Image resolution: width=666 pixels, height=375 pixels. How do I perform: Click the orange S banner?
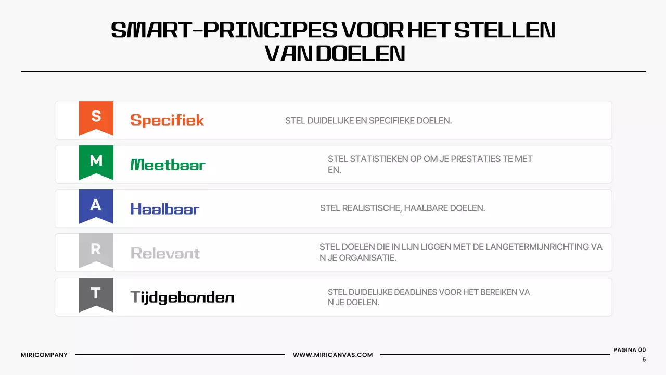coord(96,117)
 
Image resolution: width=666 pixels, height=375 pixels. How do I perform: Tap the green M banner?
coord(96,161)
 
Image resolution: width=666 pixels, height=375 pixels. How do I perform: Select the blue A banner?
coord(96,205)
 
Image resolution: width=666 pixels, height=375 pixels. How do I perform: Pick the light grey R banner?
coord(96,249)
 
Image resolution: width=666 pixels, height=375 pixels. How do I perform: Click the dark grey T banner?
coord(96,294)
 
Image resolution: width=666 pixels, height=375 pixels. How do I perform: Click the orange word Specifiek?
coord(167,120)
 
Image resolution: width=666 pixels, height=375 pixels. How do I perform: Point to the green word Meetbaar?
coord(168,165)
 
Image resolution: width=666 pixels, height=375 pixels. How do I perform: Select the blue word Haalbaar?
coord(164,209)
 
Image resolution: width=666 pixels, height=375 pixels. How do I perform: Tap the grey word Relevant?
coord(165,253)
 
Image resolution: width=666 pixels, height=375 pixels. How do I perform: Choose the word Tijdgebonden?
coord(182,297)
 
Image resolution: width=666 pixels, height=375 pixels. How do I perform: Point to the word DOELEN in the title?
coord(360,53)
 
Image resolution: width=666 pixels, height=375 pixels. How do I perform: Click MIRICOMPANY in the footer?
coord(44,355)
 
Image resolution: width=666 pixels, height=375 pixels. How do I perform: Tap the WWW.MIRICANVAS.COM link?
coord(332,355)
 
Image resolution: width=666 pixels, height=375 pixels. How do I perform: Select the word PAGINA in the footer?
coord(625,350)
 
